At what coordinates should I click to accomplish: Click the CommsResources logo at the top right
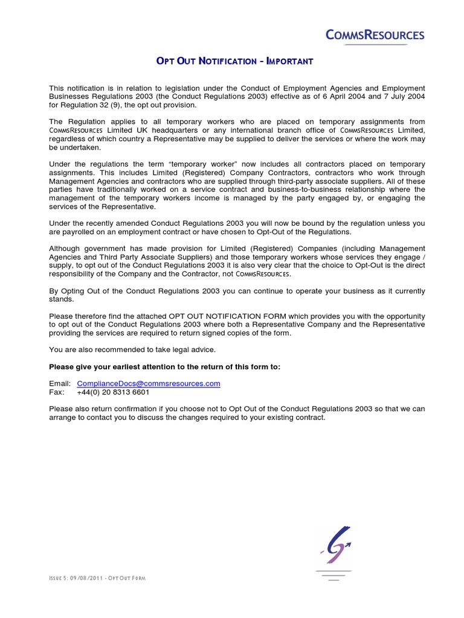(x=375, y=36)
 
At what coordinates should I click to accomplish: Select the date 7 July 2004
(x=403, y=97)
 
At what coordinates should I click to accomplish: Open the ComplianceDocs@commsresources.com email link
(x=149, y=383)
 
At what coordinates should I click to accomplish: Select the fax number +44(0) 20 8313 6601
(x=113, y=392)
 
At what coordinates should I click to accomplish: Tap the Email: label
(x=60, y=383)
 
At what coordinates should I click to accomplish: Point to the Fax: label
(x=57, y=392)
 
